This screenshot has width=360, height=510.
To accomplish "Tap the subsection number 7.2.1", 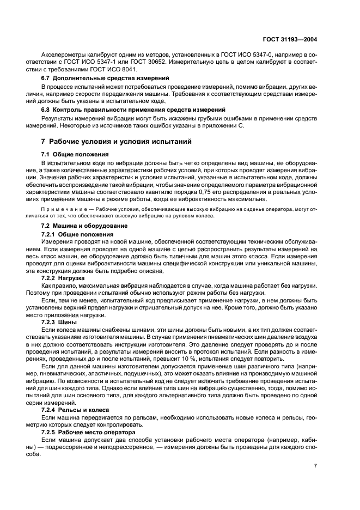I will [48, 233].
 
